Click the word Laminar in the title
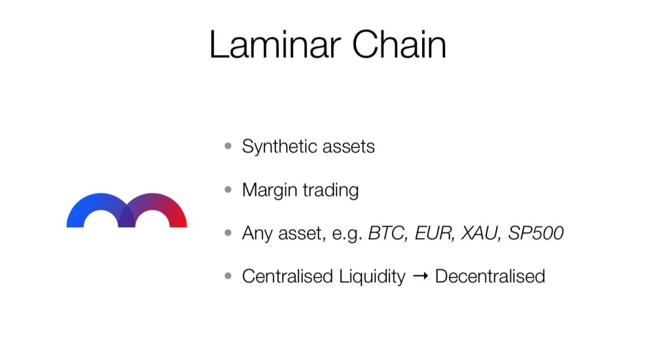pyautogui.click(x=275, y=44)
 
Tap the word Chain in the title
pyautogui.click(x=399, y=44)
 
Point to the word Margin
pyautogui.click(x=270, y=190)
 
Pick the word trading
pyautogui.click(x=331, y=190)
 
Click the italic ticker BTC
pyautogui.click(x=388, y=233)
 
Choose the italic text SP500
pyautogui.click(x=536, y=233)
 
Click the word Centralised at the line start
pyautogui.click(x=287, y=276)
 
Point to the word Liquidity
pyautogui.click(x=372, y=277)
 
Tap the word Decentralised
pyautogui.click(x=490, y=276)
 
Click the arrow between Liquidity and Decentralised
pyautogui.click(x=420, y=276)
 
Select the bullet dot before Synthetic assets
pyautogui.click(x=228, y=146)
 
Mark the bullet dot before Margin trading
pyautogui.click(x=228, y=190)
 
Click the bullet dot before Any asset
pyautogui.click(x=228, y=233)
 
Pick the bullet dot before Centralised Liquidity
pyautogui.click(x=228, y=276)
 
